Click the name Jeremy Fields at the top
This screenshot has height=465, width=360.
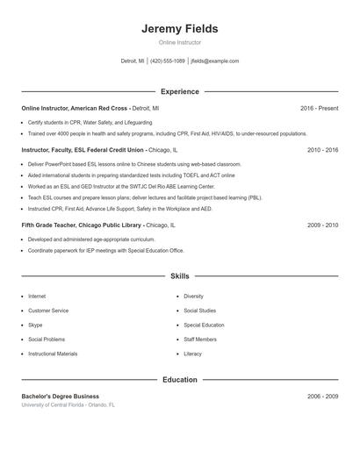[x=179, y=29]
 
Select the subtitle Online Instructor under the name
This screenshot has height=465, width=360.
[x=179, y=42]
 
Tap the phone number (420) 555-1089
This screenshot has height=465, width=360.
[x=167, y=61]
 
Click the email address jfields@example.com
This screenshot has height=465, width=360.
[x=215, y=61]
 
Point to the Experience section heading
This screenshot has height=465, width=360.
[x=179, y=91]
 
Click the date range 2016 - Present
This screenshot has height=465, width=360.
[x=319, y=108]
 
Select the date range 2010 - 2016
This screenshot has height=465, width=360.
[x=322, y=150]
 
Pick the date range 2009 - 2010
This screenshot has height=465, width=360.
[x=322, y=225]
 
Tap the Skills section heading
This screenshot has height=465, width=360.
[x=179, y=275]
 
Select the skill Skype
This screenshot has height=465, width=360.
[x=35, y=325]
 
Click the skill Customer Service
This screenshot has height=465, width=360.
[x=48, y=311]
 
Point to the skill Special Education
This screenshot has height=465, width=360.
[x=204, y=325]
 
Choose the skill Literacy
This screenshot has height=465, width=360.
[x=192, y=354]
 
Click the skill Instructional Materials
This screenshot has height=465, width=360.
[x=53, y=354]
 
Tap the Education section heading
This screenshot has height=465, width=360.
[x=179, y=380]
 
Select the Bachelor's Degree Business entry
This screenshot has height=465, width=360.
[x=61, y=397]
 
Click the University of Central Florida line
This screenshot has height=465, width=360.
[x=68, y=405]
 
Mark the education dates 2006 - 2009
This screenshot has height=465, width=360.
[x=322, y=397]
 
